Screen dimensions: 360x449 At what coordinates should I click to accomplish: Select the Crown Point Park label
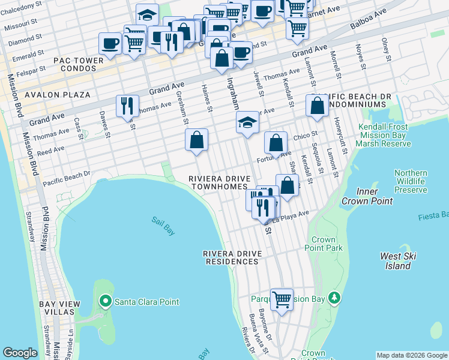click(x=324, y=244)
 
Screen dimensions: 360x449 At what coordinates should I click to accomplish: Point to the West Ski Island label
click(x=396, y=260)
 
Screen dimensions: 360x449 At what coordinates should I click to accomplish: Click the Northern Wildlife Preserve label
click(x=411, y=181)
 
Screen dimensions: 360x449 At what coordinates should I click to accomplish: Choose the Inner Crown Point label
click(x=359, y=196)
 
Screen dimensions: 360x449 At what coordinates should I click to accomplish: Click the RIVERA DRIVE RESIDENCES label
click(x=234, y=257)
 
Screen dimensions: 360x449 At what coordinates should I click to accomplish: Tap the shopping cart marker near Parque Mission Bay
click(x=281, y=298)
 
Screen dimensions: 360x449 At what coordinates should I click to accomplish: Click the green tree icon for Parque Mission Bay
click(x=336, y=298)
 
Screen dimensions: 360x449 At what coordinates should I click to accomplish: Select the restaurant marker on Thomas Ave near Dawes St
click(x=127, y=106)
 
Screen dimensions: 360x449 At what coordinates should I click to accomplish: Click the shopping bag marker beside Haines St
click(x=196, y=140)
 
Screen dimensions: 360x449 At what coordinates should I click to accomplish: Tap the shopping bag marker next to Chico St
click(x=276, y=143)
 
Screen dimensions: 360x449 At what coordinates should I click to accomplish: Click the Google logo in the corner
click(x=20, y=353)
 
